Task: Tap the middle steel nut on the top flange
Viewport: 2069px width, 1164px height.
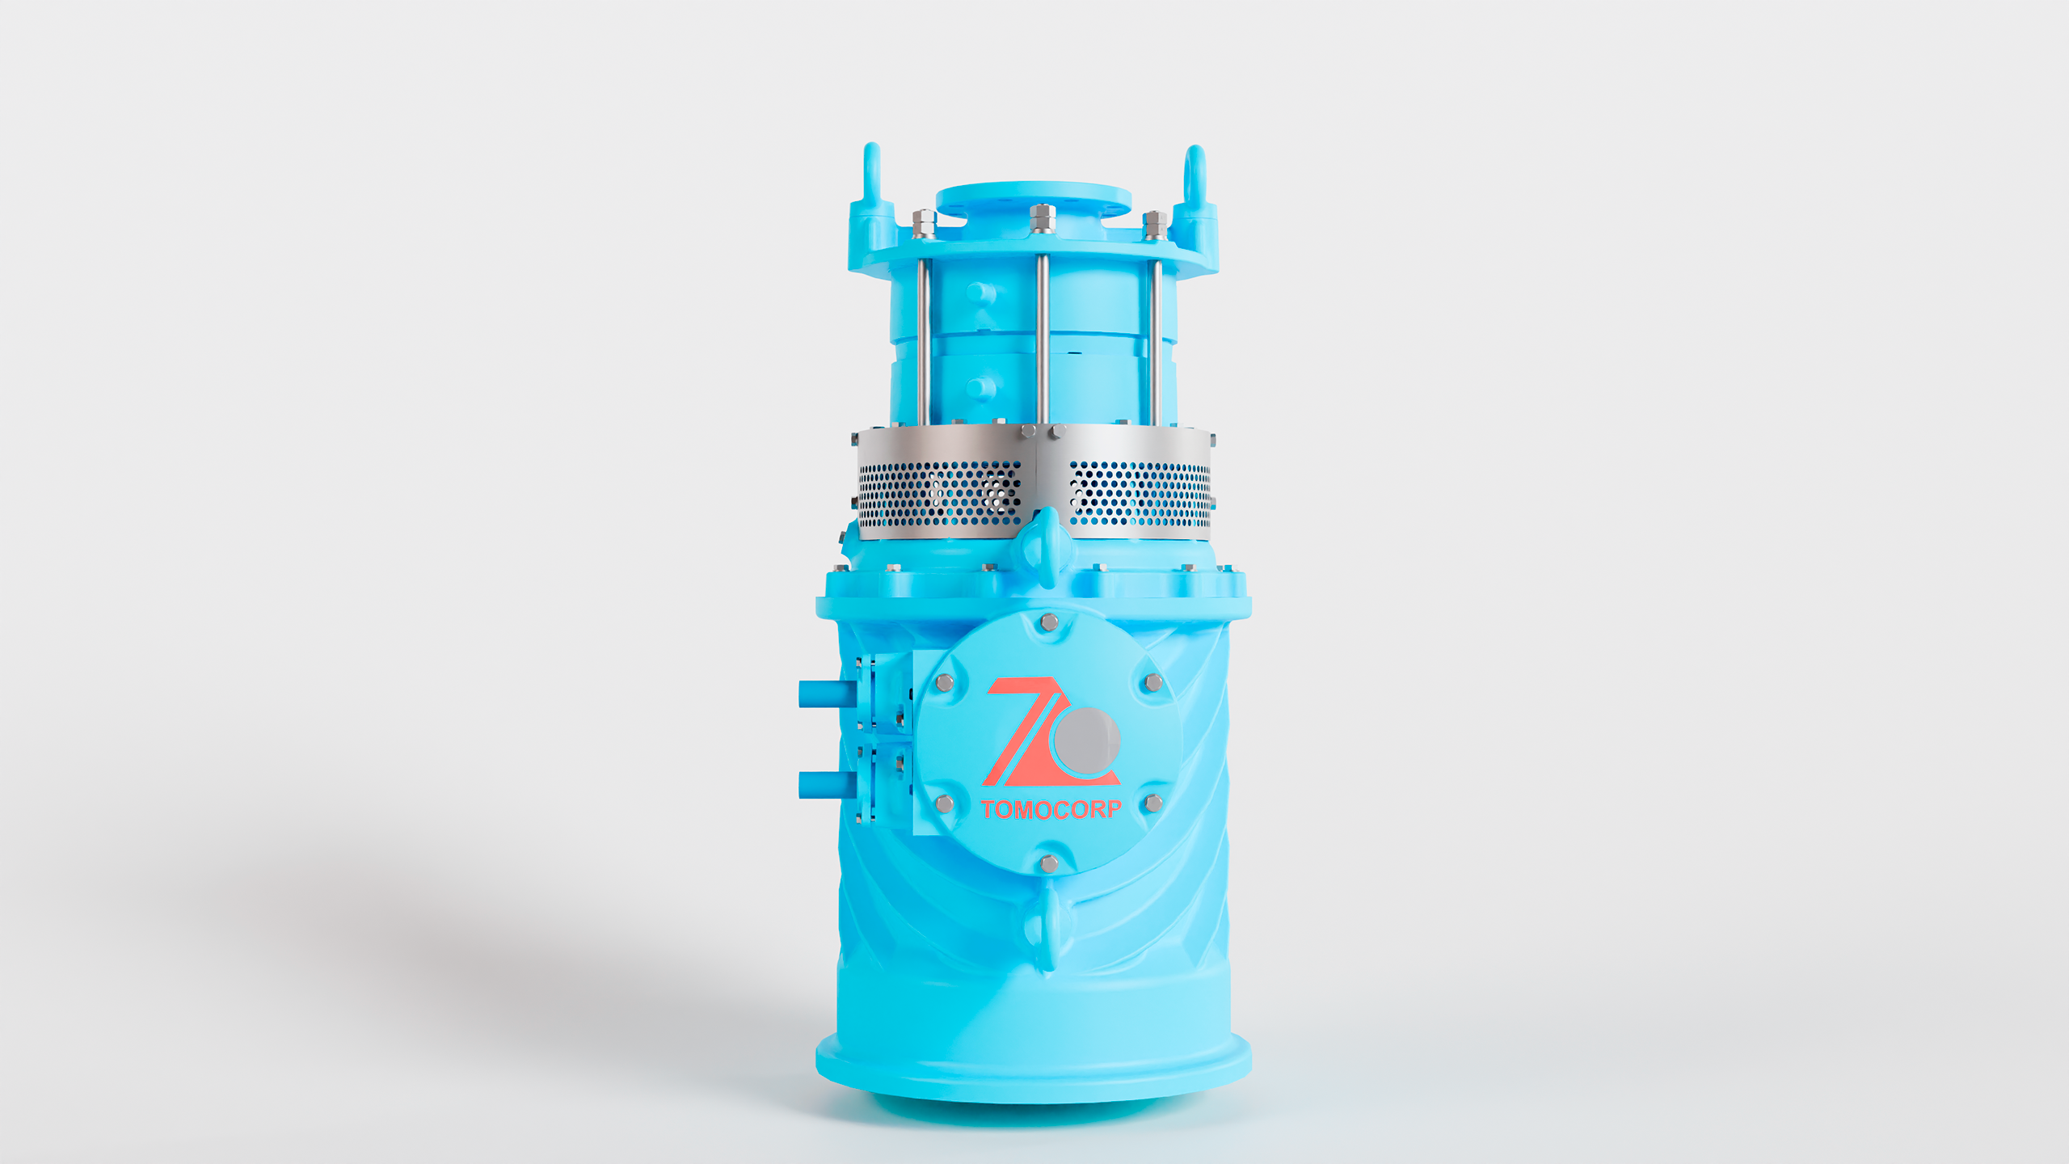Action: [1043, 219]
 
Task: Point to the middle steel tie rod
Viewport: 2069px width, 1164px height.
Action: [1043, 339]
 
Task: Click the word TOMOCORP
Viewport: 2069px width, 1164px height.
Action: [1051, 809]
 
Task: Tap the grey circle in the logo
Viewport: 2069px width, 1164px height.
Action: [1087, 740]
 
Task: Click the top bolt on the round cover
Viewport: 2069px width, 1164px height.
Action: [1049, 622]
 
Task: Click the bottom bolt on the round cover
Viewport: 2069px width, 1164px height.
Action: [1049, 863]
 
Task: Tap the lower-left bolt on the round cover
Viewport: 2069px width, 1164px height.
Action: [944, 803]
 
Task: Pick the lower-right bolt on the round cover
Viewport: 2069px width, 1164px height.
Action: [1154, 803]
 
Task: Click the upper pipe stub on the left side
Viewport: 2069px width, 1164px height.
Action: [826, 694]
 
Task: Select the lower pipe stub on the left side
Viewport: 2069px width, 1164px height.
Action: [826, 785]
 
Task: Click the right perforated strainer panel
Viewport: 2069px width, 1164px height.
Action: [1140, 492]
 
